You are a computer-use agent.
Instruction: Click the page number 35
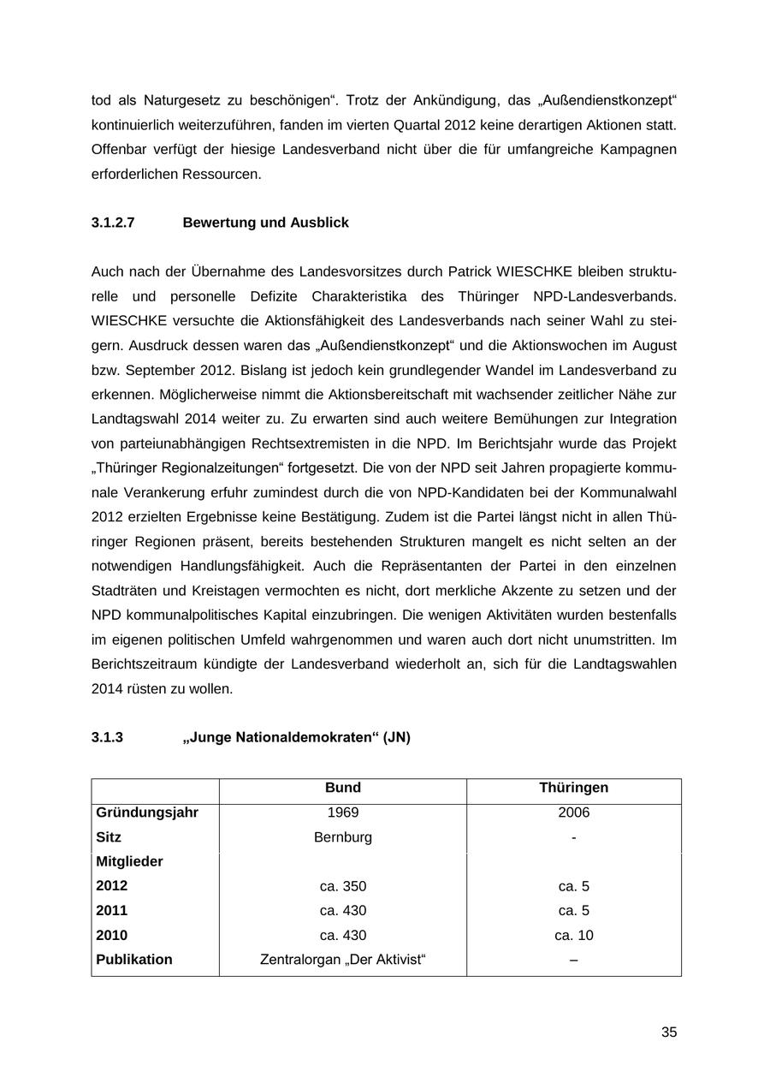pos(668,1032)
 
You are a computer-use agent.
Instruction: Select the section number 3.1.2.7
pos(113,223)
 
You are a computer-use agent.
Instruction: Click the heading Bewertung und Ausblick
pos(265,223)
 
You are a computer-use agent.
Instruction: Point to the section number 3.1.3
pos(107,737)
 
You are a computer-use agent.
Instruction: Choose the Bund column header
pos(343,788)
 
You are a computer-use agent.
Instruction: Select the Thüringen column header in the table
pos(573,788)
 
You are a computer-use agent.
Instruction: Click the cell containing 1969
pos(343,812)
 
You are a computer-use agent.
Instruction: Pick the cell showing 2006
pos(573,812)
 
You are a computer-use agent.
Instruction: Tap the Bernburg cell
pos(343,837)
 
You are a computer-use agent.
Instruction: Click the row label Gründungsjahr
pos(147,812)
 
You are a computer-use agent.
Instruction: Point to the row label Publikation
pos(134,960)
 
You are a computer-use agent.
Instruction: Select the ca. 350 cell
pos(343,886)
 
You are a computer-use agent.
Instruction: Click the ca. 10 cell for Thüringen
pos(573,936)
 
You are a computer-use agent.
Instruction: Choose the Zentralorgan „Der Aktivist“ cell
pos(343,960)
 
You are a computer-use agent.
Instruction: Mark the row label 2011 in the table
pos(111,911)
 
